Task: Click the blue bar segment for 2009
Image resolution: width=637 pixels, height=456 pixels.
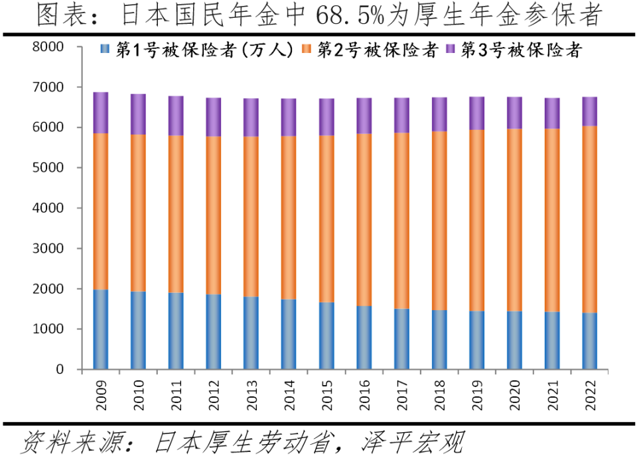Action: [x=101, y=329]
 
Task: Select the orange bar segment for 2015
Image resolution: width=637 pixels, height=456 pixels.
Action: [x=326, y=219]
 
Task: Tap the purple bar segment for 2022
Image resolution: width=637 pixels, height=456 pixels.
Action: [x=590, y=111]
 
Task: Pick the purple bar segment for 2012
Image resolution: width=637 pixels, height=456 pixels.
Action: [x=214, y=117]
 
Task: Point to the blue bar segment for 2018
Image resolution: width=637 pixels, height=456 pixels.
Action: [x=439, y=339]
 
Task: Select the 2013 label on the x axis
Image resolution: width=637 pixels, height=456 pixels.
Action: [x=252, y=395]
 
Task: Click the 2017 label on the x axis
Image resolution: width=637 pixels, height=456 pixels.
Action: [x=402, y=395]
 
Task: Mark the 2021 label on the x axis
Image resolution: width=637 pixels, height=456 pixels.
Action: [x=553, y=395]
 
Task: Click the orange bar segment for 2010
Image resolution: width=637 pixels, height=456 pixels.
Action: [x=139, y=213]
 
